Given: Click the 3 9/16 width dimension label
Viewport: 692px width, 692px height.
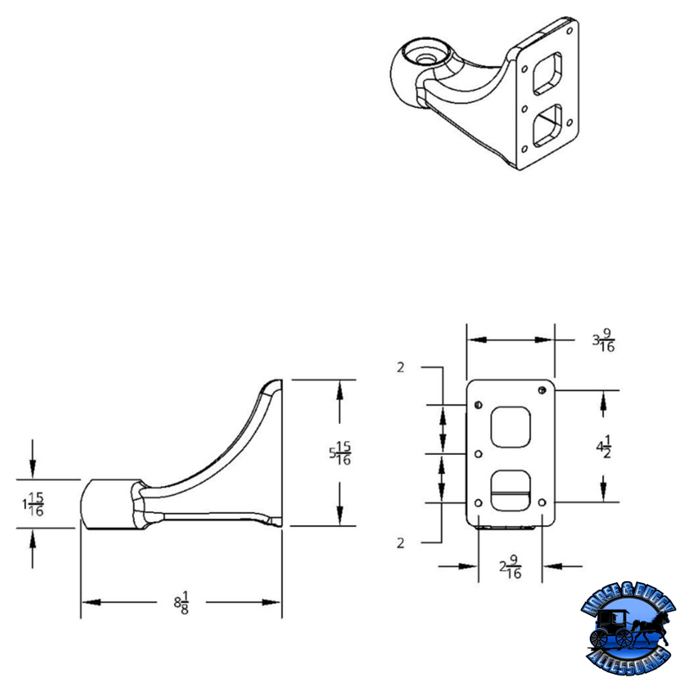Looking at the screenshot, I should click(603, 341).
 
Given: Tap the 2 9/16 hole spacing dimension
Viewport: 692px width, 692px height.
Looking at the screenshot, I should click(510, 567).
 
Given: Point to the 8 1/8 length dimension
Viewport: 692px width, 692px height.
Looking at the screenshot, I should click(182, 603).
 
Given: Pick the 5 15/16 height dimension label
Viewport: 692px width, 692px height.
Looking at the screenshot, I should click(339, 452).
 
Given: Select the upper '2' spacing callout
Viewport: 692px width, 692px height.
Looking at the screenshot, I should click(400, 368).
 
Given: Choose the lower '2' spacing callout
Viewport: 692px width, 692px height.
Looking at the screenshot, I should click(400, 543).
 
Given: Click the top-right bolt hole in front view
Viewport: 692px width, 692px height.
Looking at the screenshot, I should click(542, 386).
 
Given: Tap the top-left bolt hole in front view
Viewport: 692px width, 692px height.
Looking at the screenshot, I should click(478, 404).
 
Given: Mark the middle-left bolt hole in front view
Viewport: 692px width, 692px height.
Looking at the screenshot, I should click(478, 452).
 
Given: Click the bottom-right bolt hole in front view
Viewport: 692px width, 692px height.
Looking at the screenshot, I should click(542, 502).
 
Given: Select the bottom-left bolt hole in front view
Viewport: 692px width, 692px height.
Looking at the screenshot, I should click(478, 502).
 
